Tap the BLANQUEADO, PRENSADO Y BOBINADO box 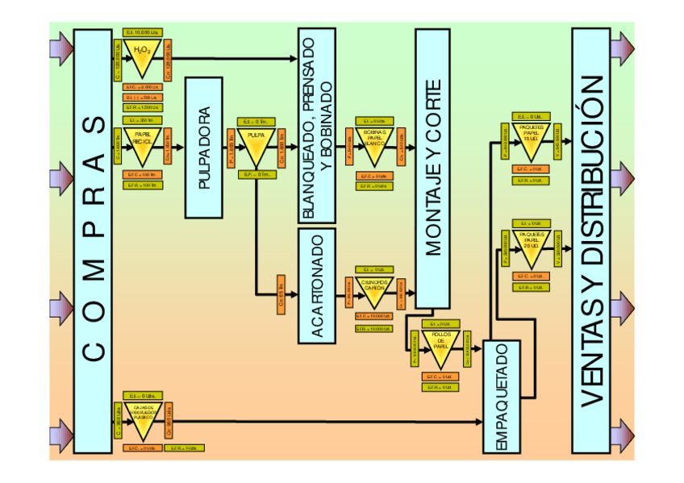(x=316, y=125)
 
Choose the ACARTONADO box (x=316, y=286)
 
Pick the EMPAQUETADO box (x=502, y=397)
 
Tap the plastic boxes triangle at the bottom (x=144, y=421)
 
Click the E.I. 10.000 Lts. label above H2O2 (x=143, y=32)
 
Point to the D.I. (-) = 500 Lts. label (x=143, y=97)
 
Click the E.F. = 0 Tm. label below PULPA (x=256, y=173)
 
